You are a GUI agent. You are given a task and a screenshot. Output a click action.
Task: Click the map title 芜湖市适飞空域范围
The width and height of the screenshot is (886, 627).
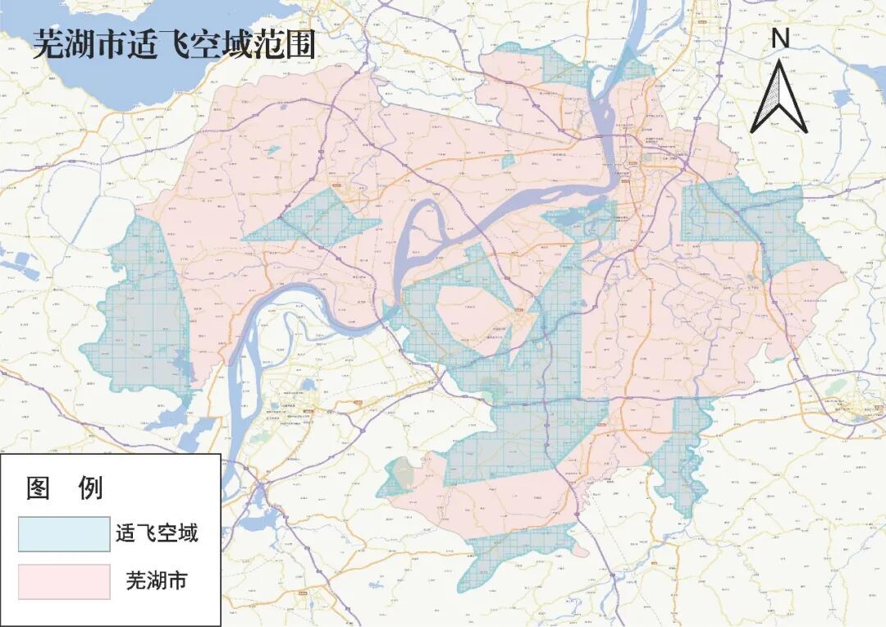pyautogui.click(x=174, y=45)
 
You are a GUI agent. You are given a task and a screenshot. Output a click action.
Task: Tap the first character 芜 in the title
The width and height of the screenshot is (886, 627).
pyautogui.click(x=48, y=45)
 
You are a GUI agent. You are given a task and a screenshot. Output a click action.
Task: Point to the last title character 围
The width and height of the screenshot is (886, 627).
pyautogui.click(x=301, y=45)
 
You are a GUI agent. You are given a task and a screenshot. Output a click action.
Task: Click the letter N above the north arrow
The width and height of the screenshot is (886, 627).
pyautogui.click(x=780, y=38)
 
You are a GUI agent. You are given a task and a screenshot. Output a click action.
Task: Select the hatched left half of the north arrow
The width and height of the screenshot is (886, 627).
pyautogui.click(x=769, y=103)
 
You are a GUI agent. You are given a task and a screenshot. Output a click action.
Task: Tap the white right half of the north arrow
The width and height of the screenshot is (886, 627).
pyautogui.click(x=790, y=103)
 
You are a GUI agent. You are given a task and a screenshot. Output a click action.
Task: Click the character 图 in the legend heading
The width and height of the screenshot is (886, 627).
pyautogui.click(x=39, y=488)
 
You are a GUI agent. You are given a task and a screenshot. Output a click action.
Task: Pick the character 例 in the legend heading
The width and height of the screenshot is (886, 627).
pyautogui.click(x=89, y=488)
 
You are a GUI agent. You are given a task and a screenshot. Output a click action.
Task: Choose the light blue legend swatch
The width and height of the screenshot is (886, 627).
pyautogui.click(x=64, y=534)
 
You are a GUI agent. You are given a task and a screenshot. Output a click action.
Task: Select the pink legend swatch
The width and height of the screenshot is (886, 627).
pyautogui.click(x=64, y=581)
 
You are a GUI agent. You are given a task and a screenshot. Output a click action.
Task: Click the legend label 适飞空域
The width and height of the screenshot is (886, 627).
pyautogui.click(x=157, y=534)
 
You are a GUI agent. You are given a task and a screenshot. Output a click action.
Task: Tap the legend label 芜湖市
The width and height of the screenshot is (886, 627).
pyautogui.click(x=157, y=581)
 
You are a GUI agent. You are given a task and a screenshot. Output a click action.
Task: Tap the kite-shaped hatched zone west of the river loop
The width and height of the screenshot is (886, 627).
pyautogui.click(x=316, y=217)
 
